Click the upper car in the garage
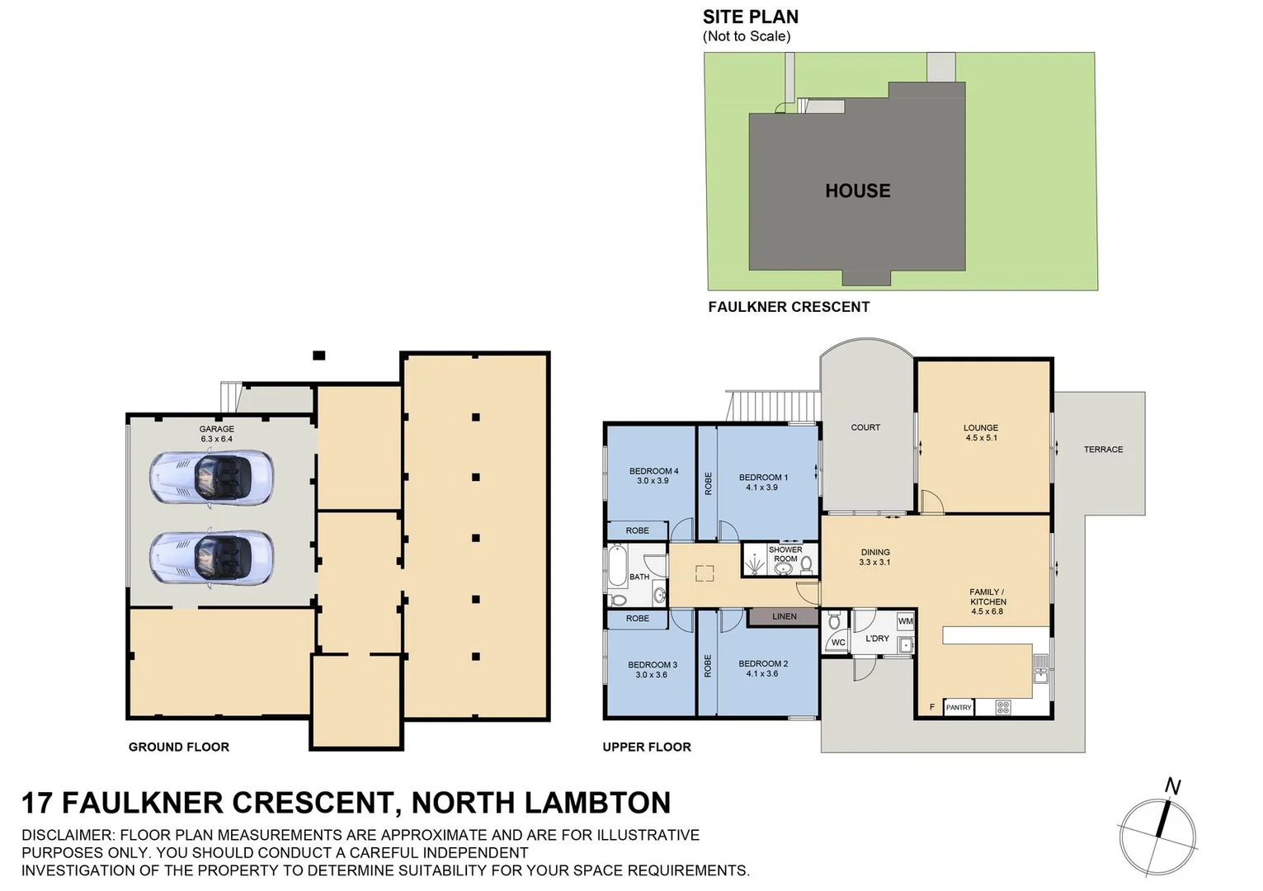click(211, 477)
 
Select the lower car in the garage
click(211, 559)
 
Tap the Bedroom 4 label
click(653, 471)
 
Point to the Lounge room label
click(980, 427)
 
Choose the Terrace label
click(1103, 450)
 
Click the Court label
click(865, 427)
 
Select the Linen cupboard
click(784, 616)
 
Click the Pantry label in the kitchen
click(958, 707)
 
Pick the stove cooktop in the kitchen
click(1003, 707)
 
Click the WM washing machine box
click(905, 621)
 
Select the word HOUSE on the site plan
click(857, 191)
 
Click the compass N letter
click(1172, 786)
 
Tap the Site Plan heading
click(750, 16)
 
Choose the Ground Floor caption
click(179, 747)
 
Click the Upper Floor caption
click(647, 747)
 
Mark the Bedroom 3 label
click(652, 664)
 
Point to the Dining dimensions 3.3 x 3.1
click(874, 563)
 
